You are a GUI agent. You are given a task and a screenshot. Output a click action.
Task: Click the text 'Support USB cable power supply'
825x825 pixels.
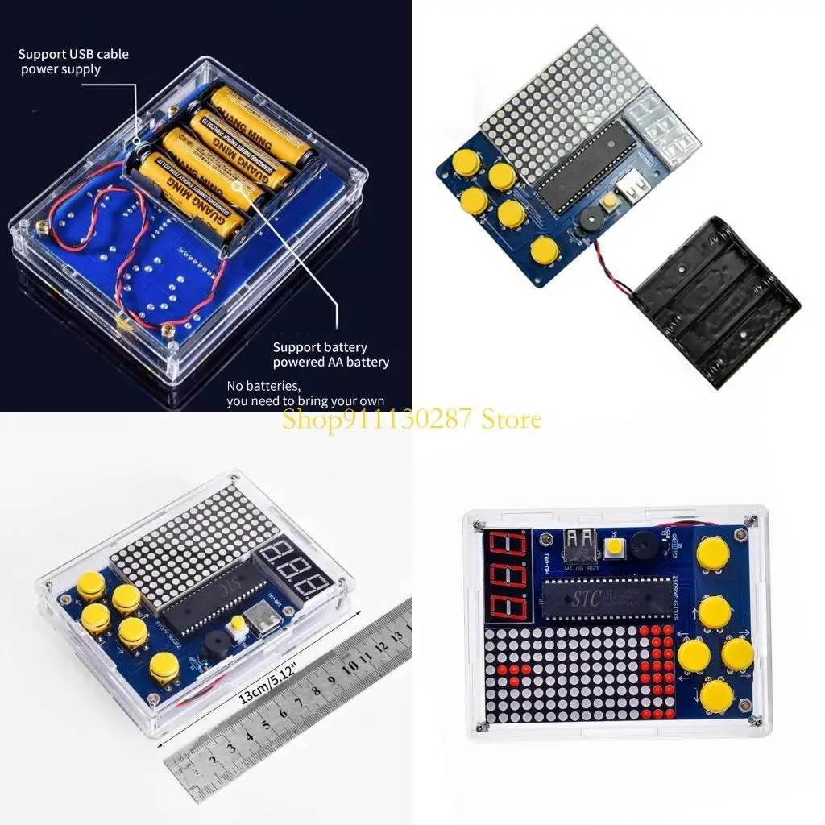pyautogui.click(x=73, y=62)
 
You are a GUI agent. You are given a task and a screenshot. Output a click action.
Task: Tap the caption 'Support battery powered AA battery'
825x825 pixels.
pyautogui.click(x=330, y=354)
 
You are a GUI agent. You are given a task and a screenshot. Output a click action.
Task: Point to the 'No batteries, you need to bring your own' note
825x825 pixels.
pyautogui.click(x=305, y=393)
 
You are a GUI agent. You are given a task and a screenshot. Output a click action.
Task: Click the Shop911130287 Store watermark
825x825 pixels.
pyautogui.click(x=412, y=419)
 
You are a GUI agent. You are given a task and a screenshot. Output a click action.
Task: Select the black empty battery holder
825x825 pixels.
pyautogui.click(x=716, y=300)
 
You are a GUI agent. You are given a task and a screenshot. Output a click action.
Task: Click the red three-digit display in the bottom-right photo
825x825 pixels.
pyautogui.click(x=508, y=576)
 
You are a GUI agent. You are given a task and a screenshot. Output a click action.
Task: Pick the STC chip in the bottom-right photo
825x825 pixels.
pyautogui.click(x=604, y=598)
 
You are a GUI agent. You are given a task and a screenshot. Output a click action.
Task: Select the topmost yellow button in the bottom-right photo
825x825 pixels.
pyautogui.click(x=712, y=553)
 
